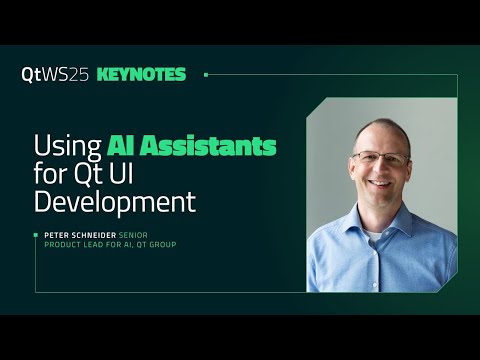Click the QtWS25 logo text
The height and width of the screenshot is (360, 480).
[x=55, y=74]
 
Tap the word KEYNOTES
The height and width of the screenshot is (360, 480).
[x=141, y=74]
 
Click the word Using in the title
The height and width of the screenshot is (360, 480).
[x=67, y=147]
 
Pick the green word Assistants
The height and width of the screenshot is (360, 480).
[x=212, y=147]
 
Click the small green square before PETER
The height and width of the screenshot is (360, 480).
[x=37, y=235]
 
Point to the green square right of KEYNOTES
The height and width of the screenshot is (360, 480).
[x=206, y=74]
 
